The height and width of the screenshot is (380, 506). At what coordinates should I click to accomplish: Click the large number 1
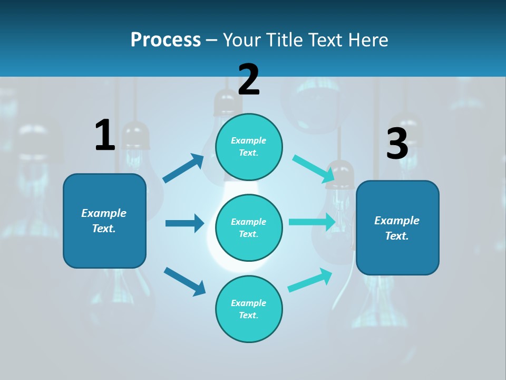pos(105,135)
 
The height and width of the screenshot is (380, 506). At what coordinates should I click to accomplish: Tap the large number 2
pos(249,80)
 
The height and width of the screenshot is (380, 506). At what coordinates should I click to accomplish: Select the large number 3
pos(397,144)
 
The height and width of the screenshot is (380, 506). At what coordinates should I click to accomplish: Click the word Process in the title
pos(166,40)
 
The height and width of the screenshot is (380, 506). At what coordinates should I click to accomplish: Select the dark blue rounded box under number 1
pos(104,221)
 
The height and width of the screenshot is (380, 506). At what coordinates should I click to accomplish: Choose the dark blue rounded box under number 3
pos(397,227)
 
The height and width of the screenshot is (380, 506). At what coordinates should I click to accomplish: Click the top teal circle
pos(249,147)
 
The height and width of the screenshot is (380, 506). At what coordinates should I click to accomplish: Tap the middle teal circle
pos(249,227)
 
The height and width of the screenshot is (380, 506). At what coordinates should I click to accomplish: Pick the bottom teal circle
pos(249,309)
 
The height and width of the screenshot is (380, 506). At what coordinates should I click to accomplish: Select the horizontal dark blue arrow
pos(184,223)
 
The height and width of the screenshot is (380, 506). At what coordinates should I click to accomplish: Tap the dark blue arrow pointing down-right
pos(185,281)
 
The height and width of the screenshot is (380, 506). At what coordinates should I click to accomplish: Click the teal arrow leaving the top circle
pos(314,168)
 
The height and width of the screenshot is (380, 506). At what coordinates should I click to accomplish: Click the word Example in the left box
pos(104,213)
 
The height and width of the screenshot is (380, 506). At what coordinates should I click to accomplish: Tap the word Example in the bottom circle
pos(249,303)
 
